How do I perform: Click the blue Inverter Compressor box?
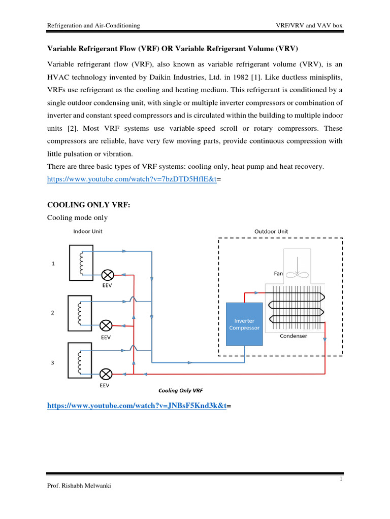(x=244, y=324)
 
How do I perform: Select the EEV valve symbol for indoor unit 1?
(x=107, y=275)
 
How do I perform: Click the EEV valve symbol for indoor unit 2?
(x=107, y=325)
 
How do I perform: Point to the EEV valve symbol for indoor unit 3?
(x=107, y=374)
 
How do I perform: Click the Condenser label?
(x=293, y=336)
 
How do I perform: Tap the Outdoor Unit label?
(x=271, y=232)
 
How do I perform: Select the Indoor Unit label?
(x=88, y=232)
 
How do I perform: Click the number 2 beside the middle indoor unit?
(x=52, y=313)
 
